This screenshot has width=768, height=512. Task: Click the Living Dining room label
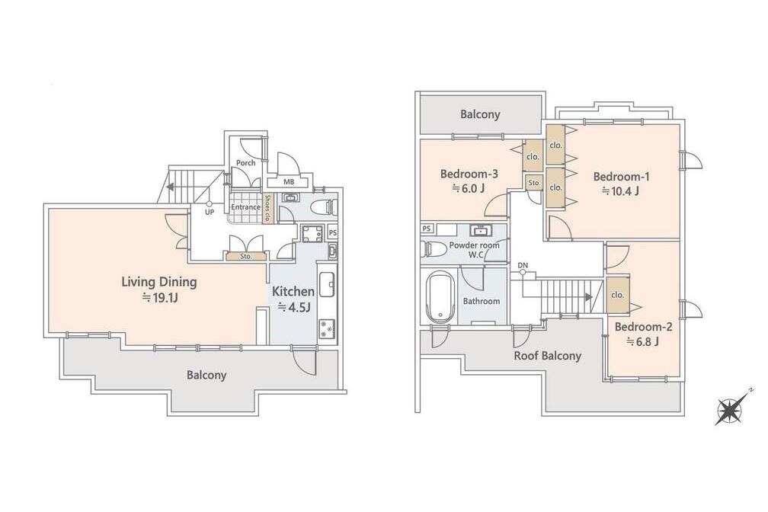pyautogui.click(x=158, y=282)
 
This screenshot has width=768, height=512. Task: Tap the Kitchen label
pyautogui.click(x=293, y=292)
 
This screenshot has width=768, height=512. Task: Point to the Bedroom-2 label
pyautogui.click(x=643, y=327)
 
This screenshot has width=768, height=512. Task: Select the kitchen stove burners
pyautogui.click(x=327, y=328)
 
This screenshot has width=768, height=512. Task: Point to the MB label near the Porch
pyautogui.click(x=289, y=182)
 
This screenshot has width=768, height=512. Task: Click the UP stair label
pyautogui.click(x=209, y=212)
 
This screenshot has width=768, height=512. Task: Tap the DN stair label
pyautogui.click(x=523, y=266)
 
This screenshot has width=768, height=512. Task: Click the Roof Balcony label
pyautogui.click(x=547, y=356)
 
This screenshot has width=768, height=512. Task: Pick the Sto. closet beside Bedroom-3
pyautogui.click(x=534, y=183)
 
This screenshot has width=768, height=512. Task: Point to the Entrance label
pyautogui.click(x=245, y=206)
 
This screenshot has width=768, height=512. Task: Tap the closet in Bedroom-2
pyautogui.click(x=618, y=295)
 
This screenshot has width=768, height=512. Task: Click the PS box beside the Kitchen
pyautogui.click(x=332, y=232)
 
